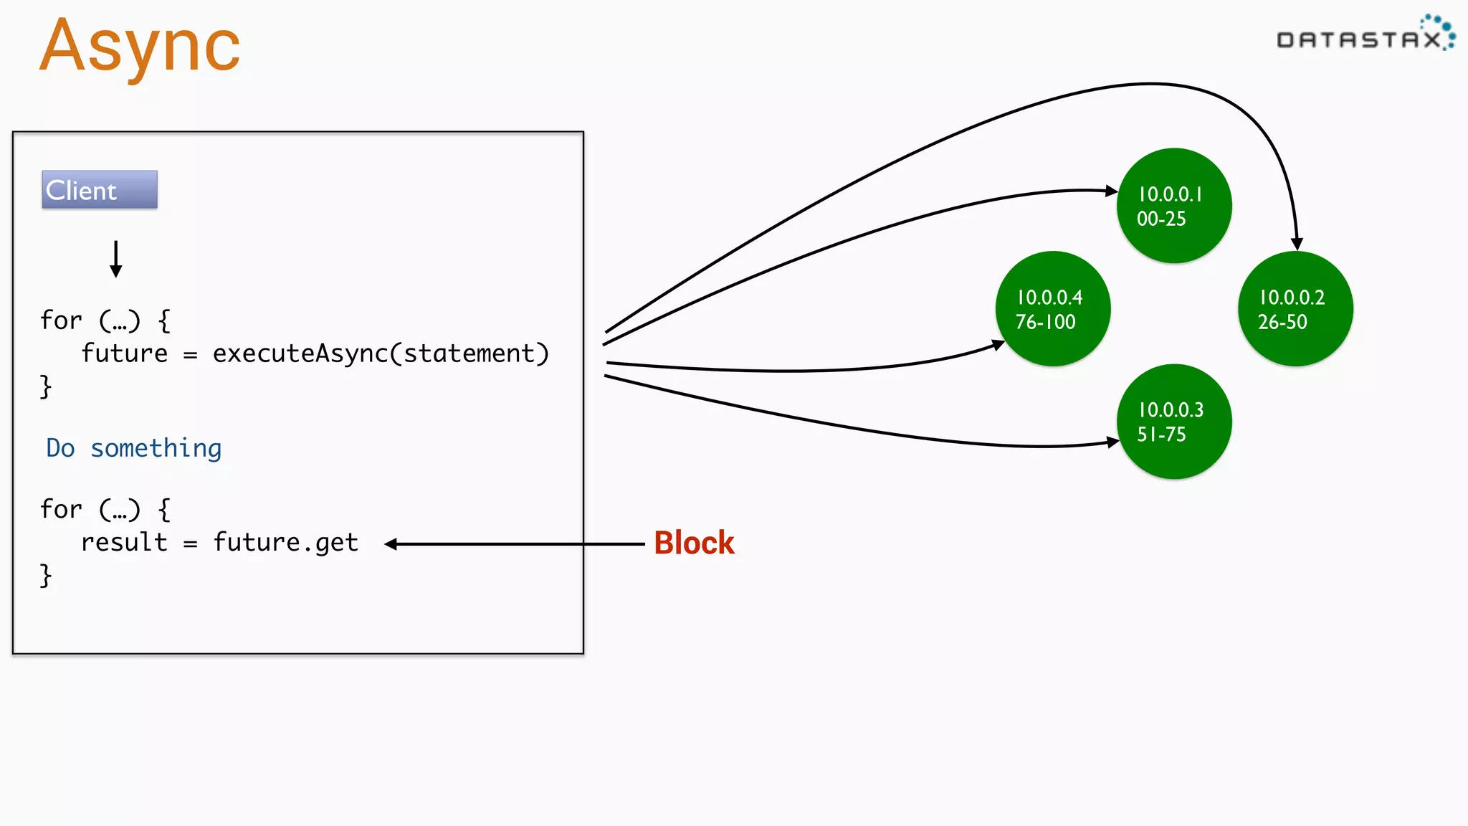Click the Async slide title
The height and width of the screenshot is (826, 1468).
coord(140,47)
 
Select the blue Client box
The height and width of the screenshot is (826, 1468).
coord(100,190)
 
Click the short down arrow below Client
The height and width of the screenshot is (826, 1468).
coord(115,259)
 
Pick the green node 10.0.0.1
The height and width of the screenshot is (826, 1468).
coord(1174,206)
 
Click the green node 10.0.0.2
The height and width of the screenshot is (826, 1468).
coord(1295,309)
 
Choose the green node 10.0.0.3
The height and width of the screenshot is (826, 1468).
coord(1174,422)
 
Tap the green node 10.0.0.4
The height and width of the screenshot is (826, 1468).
coord(1052,309)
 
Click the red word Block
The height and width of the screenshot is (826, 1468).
coord(694,543)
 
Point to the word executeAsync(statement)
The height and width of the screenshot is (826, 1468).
coord(381,353)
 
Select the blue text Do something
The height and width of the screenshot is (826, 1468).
coord(134,448)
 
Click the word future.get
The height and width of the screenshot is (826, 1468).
coord(285,543)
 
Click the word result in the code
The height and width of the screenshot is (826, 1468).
coord(124,543)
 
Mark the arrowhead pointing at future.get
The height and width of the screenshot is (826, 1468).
coord(391,544)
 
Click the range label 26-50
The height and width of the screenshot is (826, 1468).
coord(1282,322)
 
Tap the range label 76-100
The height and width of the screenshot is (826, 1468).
coord(1045,322)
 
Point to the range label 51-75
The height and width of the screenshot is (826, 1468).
coord(1161,435)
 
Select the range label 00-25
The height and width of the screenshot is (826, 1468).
coord(1161,219)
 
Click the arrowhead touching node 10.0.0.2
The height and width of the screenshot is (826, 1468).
coord(1297,245)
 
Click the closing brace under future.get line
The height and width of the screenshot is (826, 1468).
coord(46,576)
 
